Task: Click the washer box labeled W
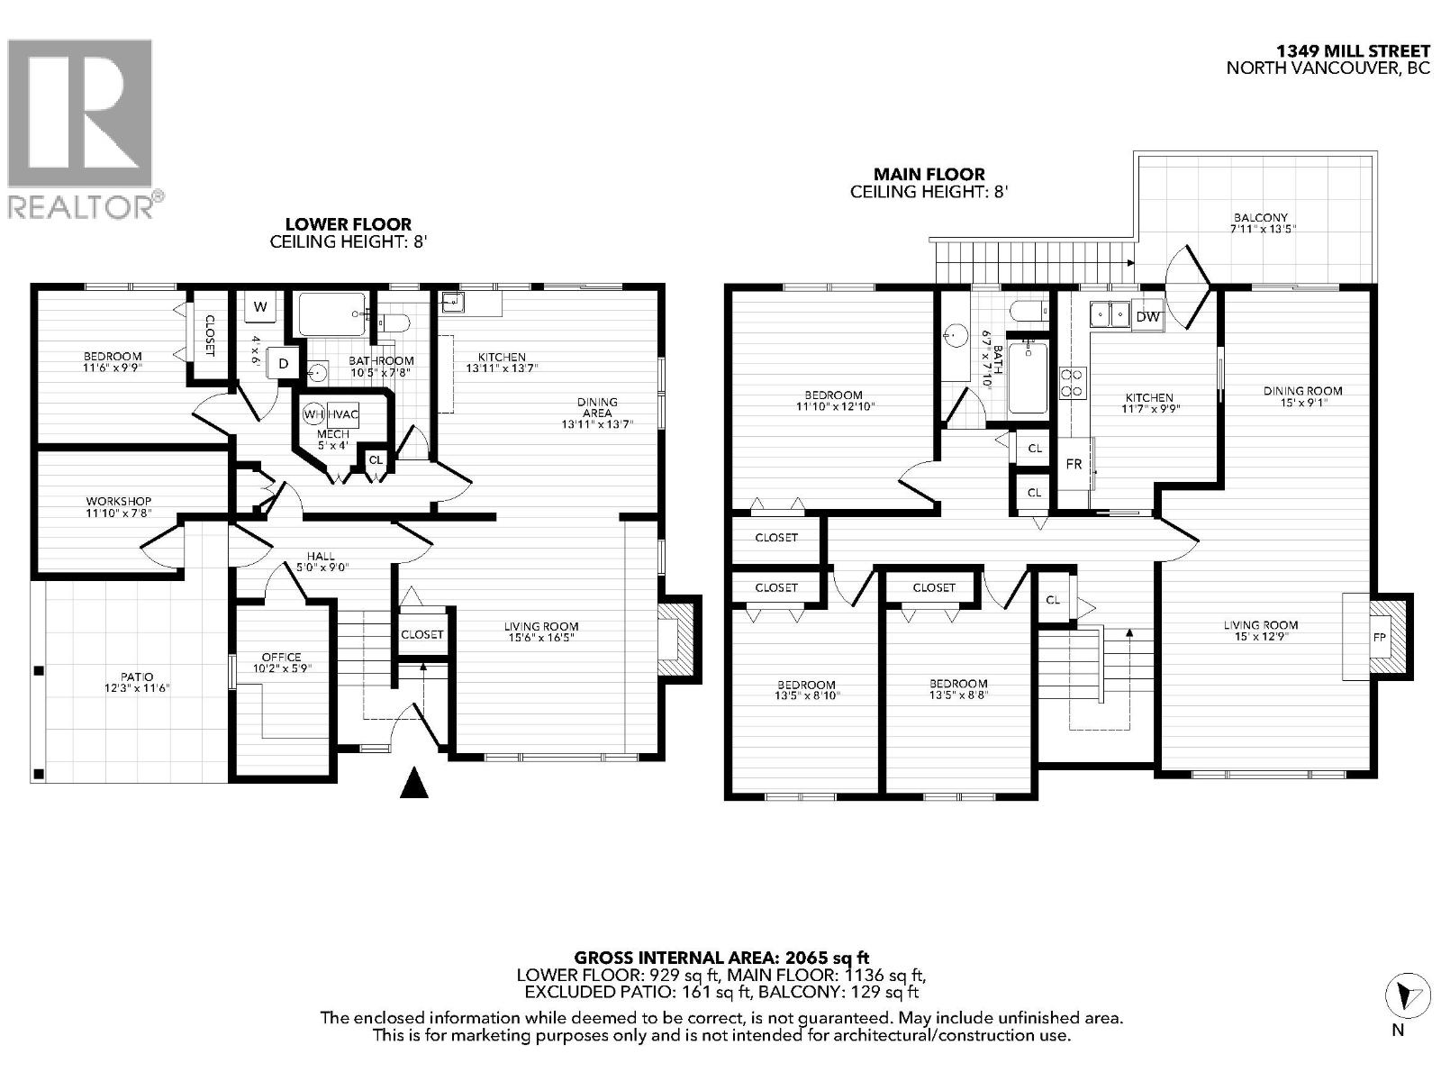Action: point(260,307)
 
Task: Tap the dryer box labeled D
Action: point(284,363)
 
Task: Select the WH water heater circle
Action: point(313,414)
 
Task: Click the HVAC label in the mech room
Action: point(343,414)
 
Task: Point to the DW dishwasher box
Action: point(1146,316)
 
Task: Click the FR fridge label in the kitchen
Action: point(1074,464)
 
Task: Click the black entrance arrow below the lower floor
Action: point(413,783)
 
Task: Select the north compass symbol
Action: point(1405,995)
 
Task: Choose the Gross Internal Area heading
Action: point(721,958)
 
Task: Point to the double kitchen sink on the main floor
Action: point(1109,314)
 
